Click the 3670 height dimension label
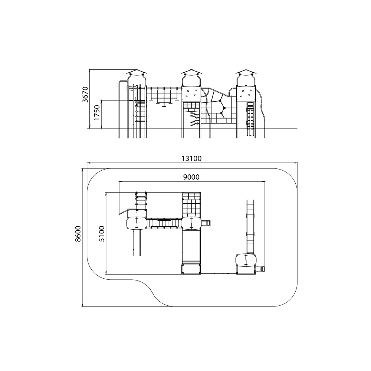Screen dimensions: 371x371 click(85, 95)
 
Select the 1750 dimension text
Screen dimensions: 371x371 click(97, 113)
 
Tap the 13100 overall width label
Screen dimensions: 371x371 click(191, 158)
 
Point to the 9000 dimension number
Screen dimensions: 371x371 click(191, 177)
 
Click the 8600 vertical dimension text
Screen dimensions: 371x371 click(78, 234)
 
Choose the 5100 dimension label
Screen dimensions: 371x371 click(102, 234)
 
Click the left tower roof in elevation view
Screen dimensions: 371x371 click(137, 72)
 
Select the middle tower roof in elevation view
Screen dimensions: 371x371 click(191, 72)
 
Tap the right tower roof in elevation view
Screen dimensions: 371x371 click(246, 72)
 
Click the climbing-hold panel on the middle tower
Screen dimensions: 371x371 click(191, 94)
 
